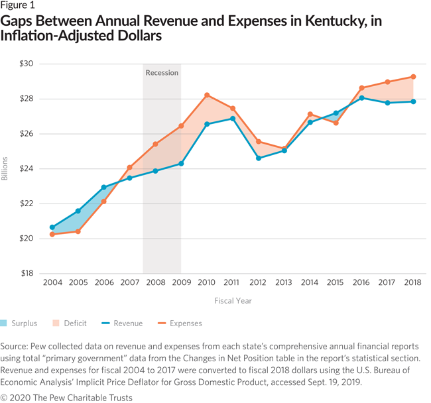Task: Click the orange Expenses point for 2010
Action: click(x=206, y=95)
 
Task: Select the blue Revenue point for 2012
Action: click(x=258, y=158)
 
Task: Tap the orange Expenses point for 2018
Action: click(x=413, y=77)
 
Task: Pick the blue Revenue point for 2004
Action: click(x=52, y=227)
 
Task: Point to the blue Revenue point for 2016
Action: click(x=361, y=98)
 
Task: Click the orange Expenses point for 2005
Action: click(x=78, y=231)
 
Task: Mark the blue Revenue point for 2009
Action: click(x=181, y=163)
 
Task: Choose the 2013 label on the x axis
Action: click(x=284, y=282)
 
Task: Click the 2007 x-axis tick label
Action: click(x=129, y=282)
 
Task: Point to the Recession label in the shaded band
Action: click(x=162, y=72)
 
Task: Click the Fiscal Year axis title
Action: click(x=232, y=300)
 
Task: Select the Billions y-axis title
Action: click(x=6, y=169)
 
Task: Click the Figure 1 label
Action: click(x=19, y=6)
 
